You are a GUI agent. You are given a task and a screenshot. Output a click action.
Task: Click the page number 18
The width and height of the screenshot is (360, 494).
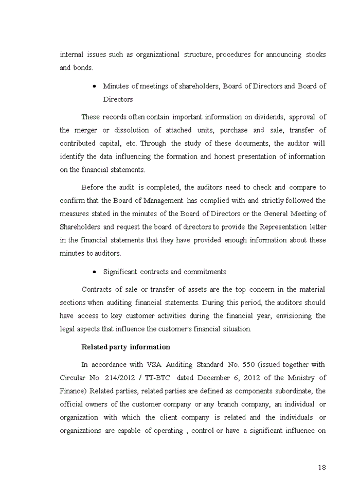click(321, 467)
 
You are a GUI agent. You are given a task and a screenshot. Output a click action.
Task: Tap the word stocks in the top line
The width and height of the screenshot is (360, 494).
click(316, 55)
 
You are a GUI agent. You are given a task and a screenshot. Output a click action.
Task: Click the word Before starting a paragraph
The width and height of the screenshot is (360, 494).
click(93, 187)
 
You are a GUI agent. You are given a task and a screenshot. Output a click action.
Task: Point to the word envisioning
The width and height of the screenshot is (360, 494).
click(294, 315)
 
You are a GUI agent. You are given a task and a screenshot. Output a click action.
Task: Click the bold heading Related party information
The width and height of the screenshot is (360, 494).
click(125, 347)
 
